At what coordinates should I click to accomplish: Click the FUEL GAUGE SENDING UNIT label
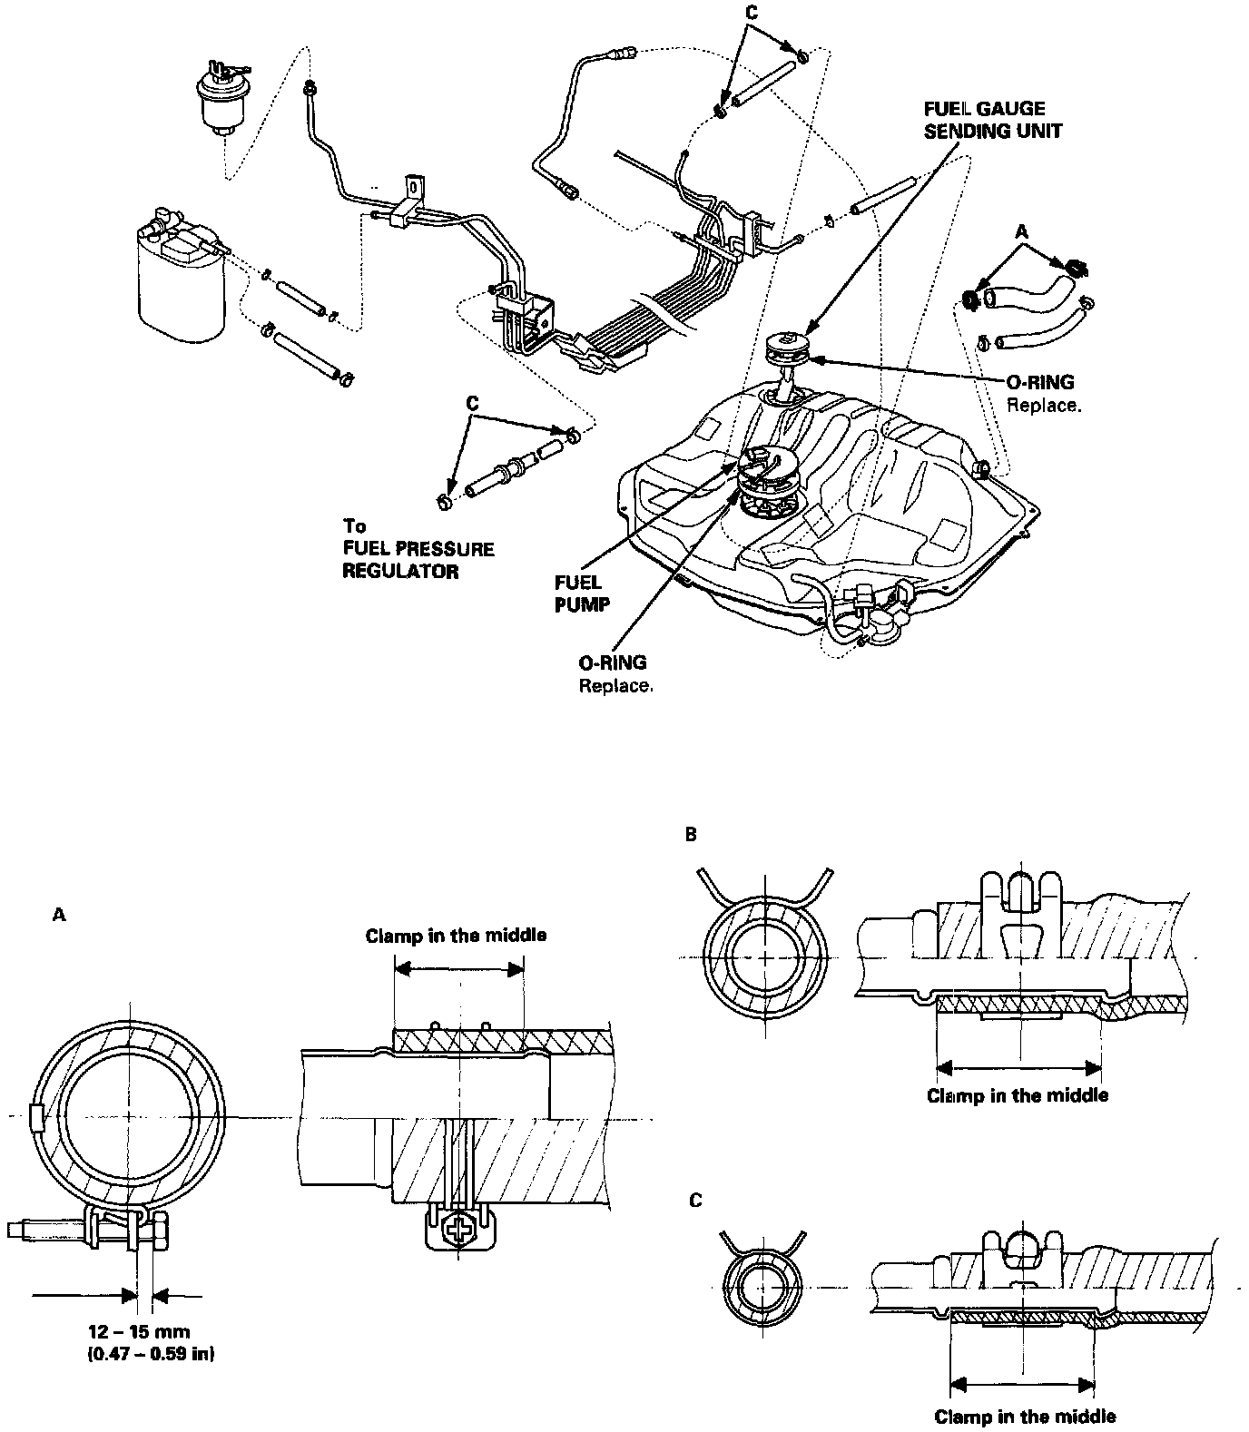991,119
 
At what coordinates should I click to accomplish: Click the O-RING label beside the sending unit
1039,382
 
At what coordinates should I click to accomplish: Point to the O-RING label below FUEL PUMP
613,663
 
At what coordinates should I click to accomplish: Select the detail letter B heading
692,834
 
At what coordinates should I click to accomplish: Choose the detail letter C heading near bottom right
695,1200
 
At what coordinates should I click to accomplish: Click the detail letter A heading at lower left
60,916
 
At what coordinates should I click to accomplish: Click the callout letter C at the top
750,14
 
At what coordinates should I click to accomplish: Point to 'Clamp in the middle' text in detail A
456,936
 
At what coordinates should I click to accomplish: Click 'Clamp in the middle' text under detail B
1017,1095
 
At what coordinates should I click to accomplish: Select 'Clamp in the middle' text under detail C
1025,1416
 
